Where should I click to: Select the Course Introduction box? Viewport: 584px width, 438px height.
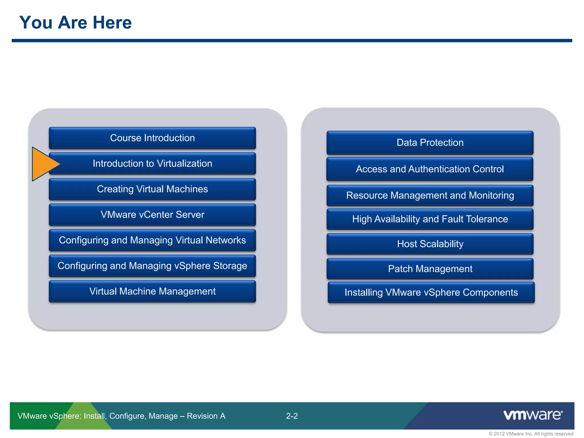[152, 138]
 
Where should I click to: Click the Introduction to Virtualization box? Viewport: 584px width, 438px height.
[152, 163]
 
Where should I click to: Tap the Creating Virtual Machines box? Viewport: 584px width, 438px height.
[152, 189]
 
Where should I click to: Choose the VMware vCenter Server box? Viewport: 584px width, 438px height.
[152, 214]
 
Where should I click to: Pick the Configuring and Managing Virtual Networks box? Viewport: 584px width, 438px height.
[152, 240]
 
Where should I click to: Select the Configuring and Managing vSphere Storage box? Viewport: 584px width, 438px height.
[152, 266]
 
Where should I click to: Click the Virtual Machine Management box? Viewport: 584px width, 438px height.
[152, 291]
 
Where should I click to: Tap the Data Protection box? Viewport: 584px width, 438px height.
[430, 143]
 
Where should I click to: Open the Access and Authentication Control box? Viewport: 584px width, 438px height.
[430, 169]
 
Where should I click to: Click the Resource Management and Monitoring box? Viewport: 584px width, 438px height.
[430, 195]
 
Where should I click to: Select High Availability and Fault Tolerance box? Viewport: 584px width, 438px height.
[430, 219]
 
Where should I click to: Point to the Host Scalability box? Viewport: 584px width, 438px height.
[430, 244]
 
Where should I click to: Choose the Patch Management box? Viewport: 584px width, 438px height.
[430, 269]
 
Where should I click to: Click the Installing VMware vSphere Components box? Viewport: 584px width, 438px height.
[431, 292]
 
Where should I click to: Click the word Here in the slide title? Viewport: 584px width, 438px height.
[112, 23]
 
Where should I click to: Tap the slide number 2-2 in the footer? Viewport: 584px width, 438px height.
[292, 416]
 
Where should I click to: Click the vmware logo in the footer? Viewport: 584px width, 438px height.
[533, 415]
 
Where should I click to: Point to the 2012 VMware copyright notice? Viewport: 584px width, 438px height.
[531, 434]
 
